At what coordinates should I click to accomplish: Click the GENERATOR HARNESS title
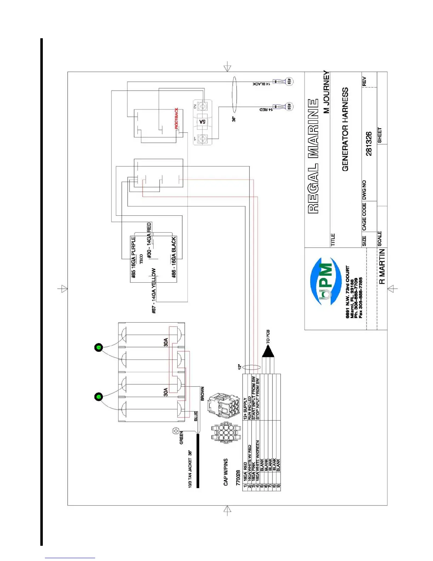(x=345, y=129)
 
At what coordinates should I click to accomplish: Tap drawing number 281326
(x=369, y=144)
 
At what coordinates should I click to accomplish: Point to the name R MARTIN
(x=382, y=266)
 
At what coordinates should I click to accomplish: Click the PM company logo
(x=325, y=281)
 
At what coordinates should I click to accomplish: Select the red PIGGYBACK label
(x=177, y=118)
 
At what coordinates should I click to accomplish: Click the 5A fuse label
(x=202, y=121)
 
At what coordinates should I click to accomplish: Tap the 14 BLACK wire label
(x=261, y=84)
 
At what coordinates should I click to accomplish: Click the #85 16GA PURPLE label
(x=133, y=257)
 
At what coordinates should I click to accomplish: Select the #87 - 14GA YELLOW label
(x=154, y=290)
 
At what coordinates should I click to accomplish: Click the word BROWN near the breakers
(x=202, y=393)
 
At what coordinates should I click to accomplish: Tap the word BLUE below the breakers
(x=196, y=416)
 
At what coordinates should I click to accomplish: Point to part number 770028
(x=238, y=478)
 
